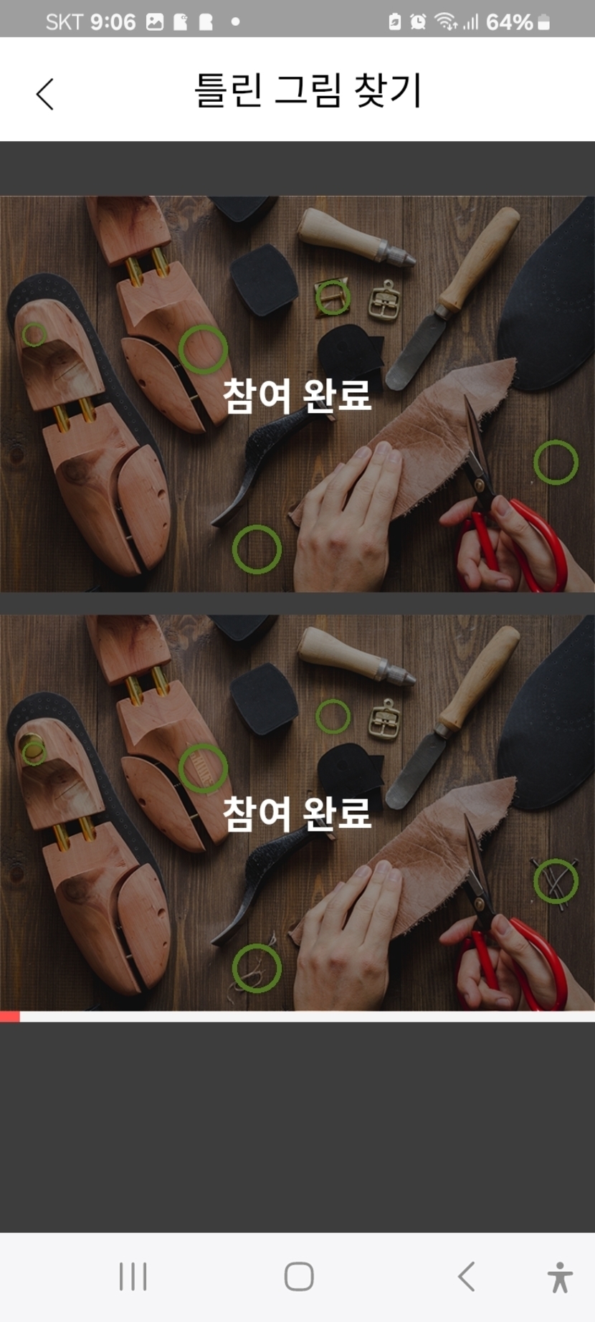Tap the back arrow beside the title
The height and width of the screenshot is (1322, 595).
[45, 93]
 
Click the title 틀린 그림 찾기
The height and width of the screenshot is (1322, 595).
[308, 91]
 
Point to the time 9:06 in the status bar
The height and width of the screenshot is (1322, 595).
[113, 22]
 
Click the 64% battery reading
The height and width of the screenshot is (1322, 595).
[509, 22]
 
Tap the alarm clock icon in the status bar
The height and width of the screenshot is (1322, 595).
[418, 22]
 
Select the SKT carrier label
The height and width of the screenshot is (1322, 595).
[65, 22]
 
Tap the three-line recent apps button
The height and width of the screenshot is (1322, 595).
[133, 1276]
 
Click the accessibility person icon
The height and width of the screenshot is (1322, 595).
[560, 1277]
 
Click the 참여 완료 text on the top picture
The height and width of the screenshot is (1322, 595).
[297, 394]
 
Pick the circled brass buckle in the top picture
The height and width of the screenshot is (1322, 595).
[333, 297]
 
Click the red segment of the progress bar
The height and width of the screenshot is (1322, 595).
[10, 1017]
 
